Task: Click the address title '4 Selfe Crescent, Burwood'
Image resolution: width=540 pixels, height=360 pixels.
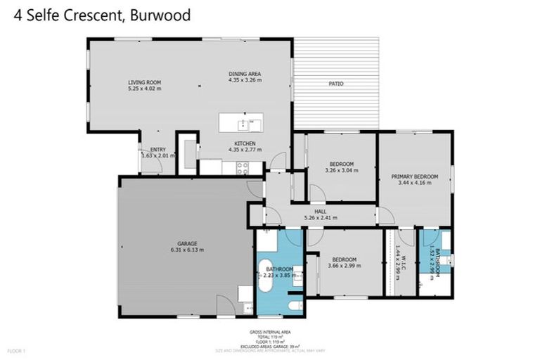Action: coord(102,15)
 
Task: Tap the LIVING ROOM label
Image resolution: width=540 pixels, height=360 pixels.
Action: coord(144,82)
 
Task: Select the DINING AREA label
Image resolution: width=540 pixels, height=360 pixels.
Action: coord(245,74)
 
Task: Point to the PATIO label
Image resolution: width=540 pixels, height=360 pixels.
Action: coord(336,84)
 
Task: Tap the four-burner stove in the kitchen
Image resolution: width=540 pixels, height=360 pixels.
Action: coord(243,168)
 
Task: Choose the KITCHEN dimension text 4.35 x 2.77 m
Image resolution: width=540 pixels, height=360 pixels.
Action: coord(245,150)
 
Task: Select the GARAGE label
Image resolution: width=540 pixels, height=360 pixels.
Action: coord(186,243)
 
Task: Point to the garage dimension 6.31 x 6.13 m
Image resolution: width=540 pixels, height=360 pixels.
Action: coord(186,250)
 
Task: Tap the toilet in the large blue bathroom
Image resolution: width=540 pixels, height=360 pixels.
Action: coord(295,305)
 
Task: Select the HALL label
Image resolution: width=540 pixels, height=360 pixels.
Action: coord(321,211)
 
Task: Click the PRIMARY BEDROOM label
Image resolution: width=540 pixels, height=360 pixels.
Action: coord(415,176)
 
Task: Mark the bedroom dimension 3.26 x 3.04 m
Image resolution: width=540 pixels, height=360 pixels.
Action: coord(341,170)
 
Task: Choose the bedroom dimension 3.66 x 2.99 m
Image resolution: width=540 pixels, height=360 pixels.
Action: coord(344,266)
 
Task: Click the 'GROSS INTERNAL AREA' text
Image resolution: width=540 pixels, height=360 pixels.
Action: coord(270,331)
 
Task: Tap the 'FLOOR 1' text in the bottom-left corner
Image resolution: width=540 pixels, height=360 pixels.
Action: coord(16,349)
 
